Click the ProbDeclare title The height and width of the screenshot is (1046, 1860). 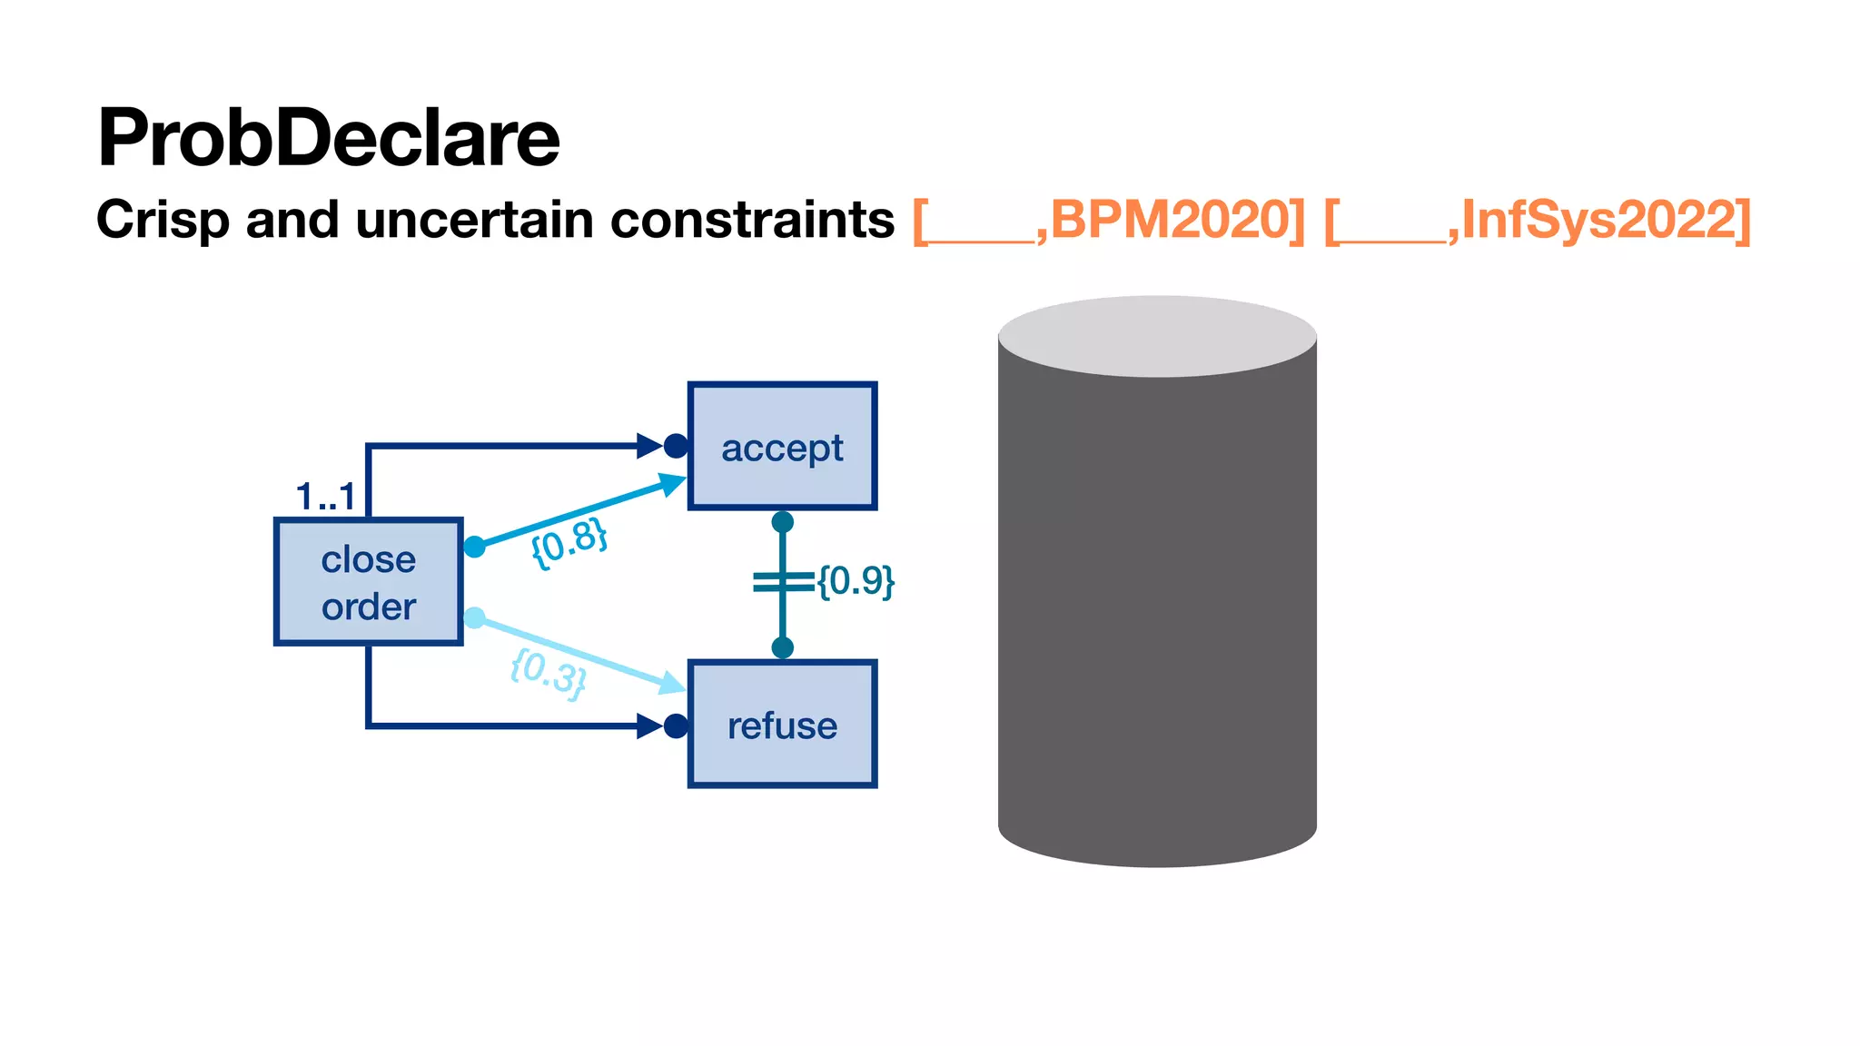click(328, 138)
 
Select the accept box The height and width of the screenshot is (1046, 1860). click(782, 446)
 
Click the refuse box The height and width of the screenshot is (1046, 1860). click(782, 725)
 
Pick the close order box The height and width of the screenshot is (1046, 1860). click(369, 582)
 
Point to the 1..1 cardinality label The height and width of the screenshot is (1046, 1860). click(325, 497)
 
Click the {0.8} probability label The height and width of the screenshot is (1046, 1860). click(569, 542)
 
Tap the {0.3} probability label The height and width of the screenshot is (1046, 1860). click(548, 673)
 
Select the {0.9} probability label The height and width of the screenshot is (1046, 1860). click(856, 581)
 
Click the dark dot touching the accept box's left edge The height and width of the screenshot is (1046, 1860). click(676, 446)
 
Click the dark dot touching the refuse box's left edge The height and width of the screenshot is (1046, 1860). click(676, 726)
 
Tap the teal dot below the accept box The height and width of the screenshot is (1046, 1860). click(782, 522)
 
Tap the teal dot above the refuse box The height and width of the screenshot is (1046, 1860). click(782, 647)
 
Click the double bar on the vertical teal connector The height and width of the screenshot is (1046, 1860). click(782, 582)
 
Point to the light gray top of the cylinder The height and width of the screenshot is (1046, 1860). click(1157, 336)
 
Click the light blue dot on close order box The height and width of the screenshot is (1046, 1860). click(474, 618)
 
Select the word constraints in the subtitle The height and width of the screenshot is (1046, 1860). click(752, 220)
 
